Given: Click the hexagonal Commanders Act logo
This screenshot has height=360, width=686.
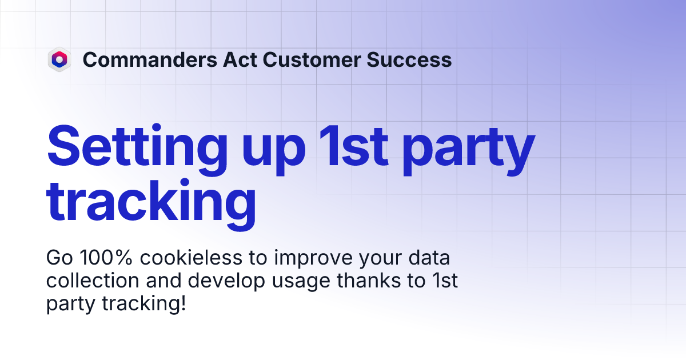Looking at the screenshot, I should point(59,59).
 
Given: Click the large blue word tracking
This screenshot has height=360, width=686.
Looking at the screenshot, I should point(151,200).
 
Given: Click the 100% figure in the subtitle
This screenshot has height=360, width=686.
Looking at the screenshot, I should point(106,258).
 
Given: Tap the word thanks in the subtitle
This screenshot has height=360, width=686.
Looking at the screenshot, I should point(365,281).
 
